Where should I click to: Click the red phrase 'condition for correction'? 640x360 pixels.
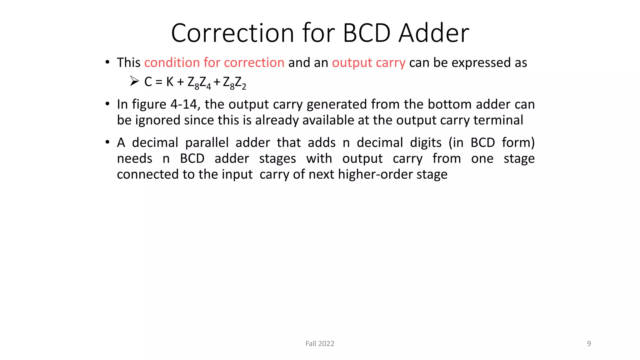(x=214, y=62)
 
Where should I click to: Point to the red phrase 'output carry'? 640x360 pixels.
(x=368, y=63)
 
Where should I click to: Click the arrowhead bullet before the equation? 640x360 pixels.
(x=134, y=81)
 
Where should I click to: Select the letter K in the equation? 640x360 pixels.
(x=170, y=82)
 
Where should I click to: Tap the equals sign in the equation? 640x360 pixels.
(x=159, y=82)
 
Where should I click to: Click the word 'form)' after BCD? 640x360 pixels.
(x=518, y=142)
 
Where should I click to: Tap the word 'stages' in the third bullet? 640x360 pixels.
(x=277, y=159)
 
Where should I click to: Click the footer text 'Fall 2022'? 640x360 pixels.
(x=320, y=343)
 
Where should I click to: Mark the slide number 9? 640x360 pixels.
(x=589, y=343)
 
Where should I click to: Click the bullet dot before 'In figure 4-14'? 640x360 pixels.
(x=107, y=104)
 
